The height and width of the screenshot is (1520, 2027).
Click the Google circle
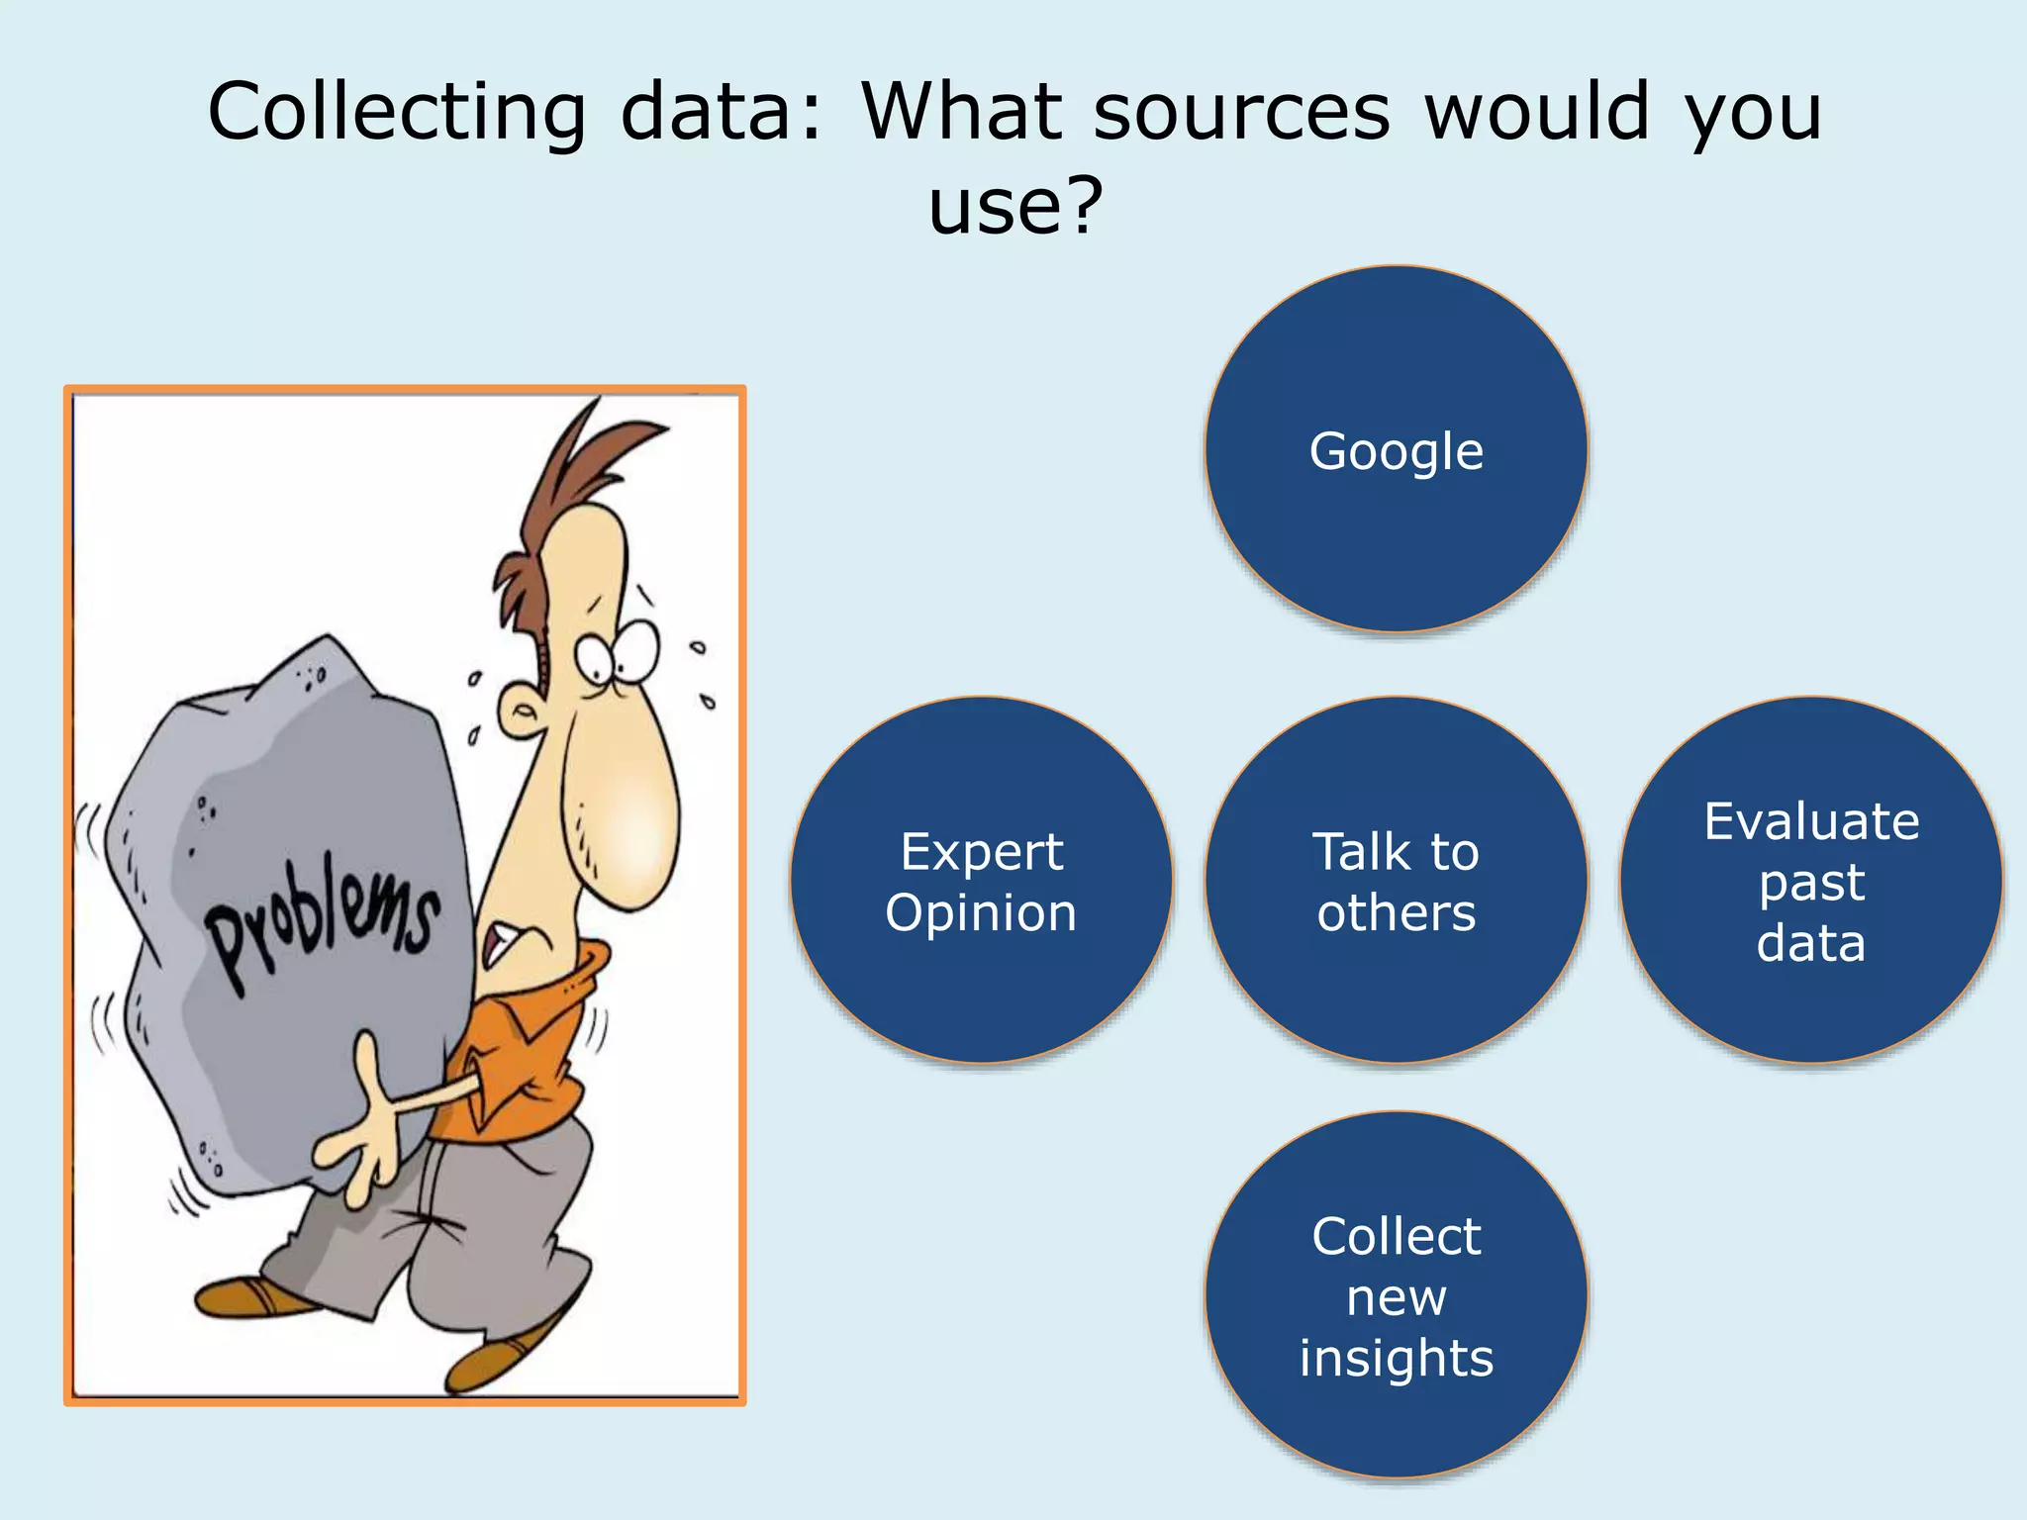point(1396,450)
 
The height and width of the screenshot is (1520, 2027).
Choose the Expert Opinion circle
point(981,880)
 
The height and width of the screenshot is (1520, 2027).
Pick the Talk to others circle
point(1396,880)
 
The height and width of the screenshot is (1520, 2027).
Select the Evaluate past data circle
point(1810,880)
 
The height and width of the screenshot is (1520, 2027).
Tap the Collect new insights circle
point(1396,1295)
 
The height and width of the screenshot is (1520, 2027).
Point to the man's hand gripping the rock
point(361,1138)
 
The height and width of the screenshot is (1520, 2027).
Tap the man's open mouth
point(500,945)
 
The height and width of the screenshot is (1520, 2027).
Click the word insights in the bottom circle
point(1396,1358)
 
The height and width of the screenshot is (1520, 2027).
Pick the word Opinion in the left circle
point(981,911)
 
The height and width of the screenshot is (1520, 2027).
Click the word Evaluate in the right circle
point(1810,821)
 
